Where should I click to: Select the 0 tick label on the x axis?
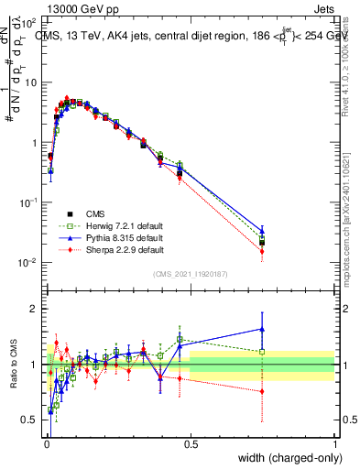pyautogui.click(x=46, y=443)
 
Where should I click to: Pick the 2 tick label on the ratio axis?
pyautogui.click(x=34, y=309)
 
